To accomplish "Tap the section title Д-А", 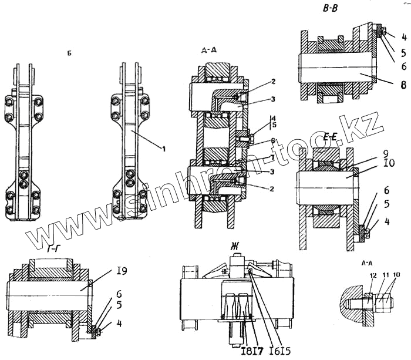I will pyautogui.click(x=208, y=51).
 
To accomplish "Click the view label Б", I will pyautogui.click(x=70, y=53).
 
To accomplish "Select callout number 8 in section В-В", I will pyautogui.click(x=403, y=85).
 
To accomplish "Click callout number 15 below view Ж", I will pyautogui.click(x=291, y=351).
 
